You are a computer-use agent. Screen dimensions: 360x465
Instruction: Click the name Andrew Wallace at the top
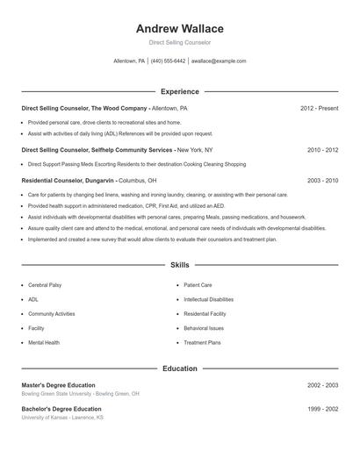180,29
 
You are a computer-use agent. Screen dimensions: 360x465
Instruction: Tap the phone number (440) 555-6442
168,61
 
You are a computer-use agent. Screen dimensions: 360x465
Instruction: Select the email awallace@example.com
219,61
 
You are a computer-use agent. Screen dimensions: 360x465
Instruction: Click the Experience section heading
180,91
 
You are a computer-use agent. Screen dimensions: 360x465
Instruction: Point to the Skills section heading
180,264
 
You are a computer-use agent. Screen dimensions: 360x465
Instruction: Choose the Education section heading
180,368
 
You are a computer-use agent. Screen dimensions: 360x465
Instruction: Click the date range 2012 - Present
319,108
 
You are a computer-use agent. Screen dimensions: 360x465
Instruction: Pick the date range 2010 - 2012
322,150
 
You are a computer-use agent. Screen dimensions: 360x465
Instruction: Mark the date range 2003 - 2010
322,180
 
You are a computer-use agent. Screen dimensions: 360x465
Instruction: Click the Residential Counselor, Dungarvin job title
69,180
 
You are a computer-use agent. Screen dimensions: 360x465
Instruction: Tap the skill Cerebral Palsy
45,285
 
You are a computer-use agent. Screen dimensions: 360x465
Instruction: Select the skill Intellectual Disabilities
209,299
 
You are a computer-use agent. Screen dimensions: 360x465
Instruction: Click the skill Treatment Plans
203,342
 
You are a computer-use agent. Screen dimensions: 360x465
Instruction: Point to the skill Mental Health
44,342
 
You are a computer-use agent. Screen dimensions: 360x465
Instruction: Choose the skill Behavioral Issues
205,328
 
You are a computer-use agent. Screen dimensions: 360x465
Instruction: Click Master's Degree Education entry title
58,385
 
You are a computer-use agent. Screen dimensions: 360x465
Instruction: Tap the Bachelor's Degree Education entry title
61,409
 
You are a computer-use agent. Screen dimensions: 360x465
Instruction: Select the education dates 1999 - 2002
322,409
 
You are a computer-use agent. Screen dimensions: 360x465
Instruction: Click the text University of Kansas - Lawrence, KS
62,418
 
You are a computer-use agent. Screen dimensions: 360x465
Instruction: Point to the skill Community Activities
52,313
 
